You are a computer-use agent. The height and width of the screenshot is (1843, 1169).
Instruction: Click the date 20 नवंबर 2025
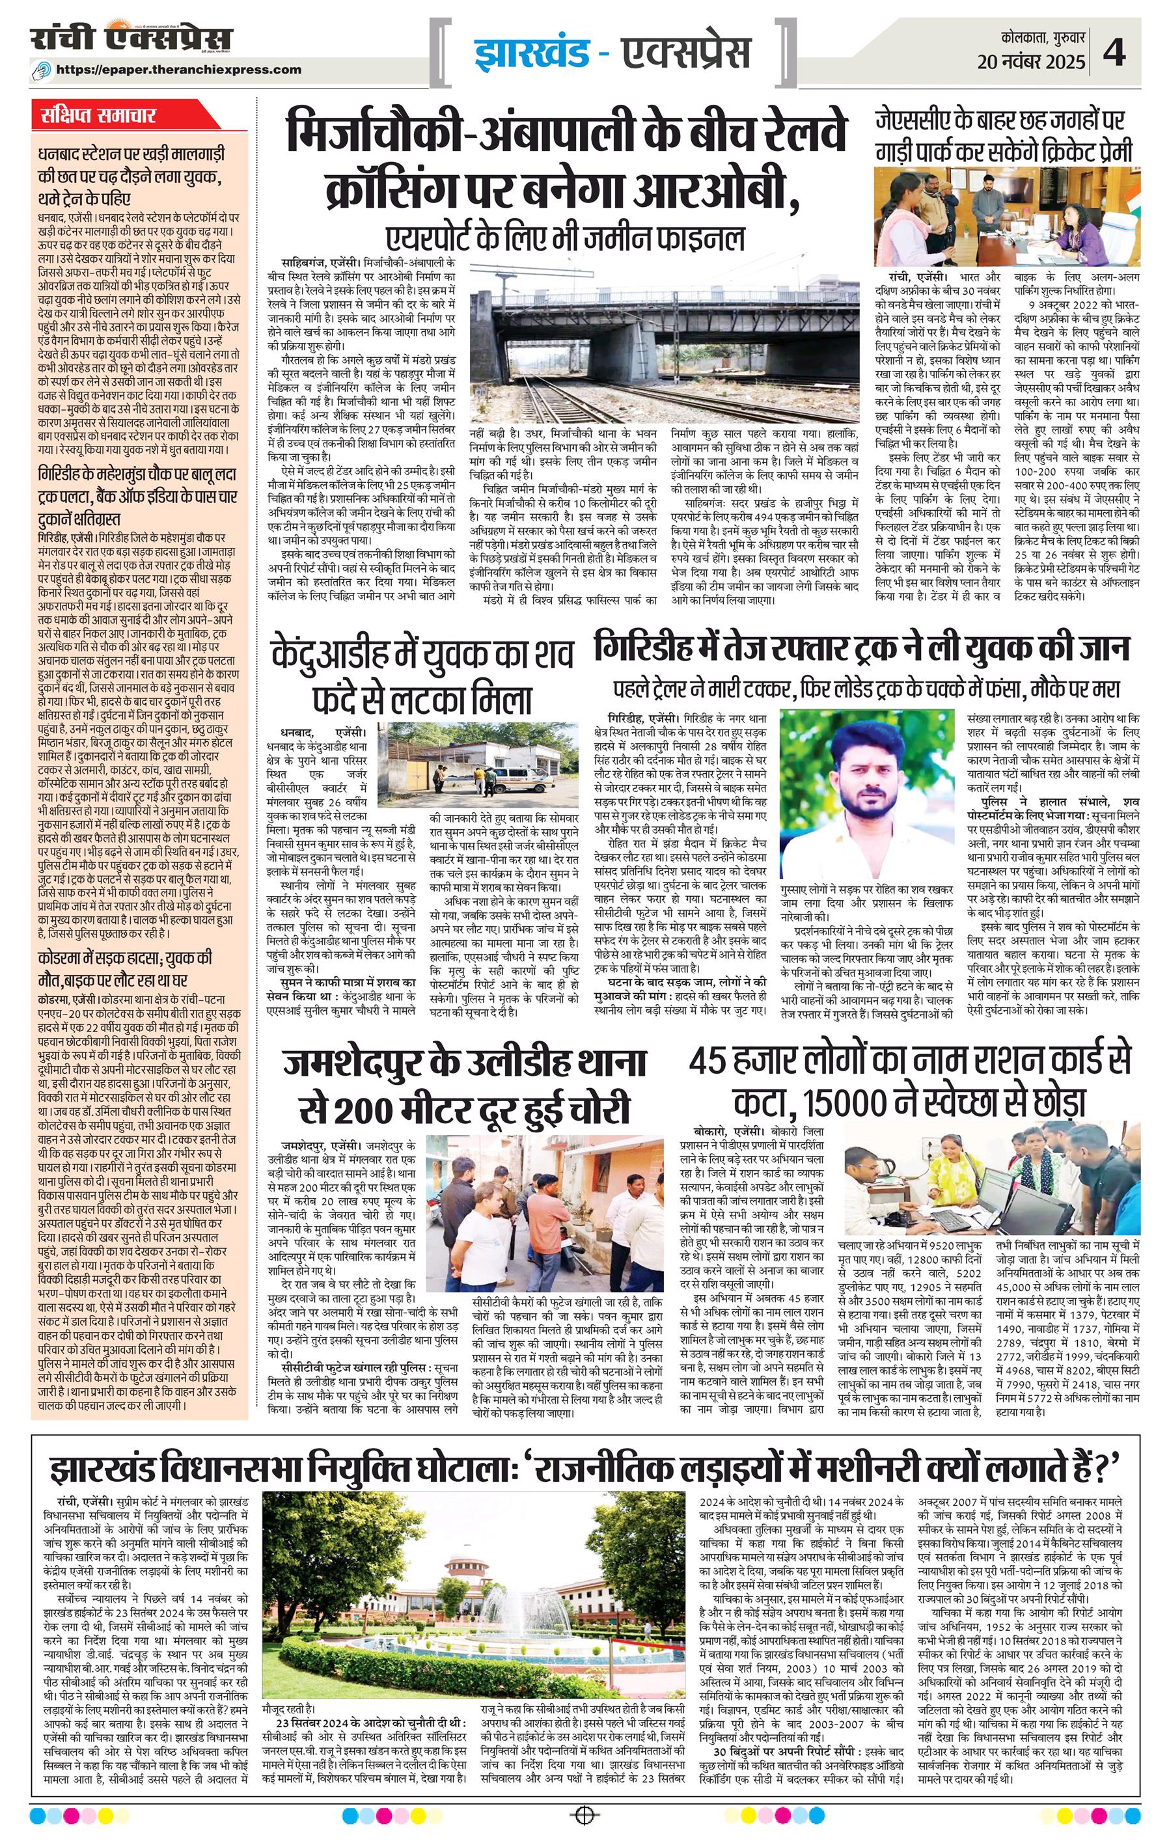tap(1031, 62)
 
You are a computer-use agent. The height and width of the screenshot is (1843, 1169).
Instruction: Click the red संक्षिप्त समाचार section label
tap(99, 116)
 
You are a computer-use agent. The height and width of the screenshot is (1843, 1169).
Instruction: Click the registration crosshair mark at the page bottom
tap(584, 1814)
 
